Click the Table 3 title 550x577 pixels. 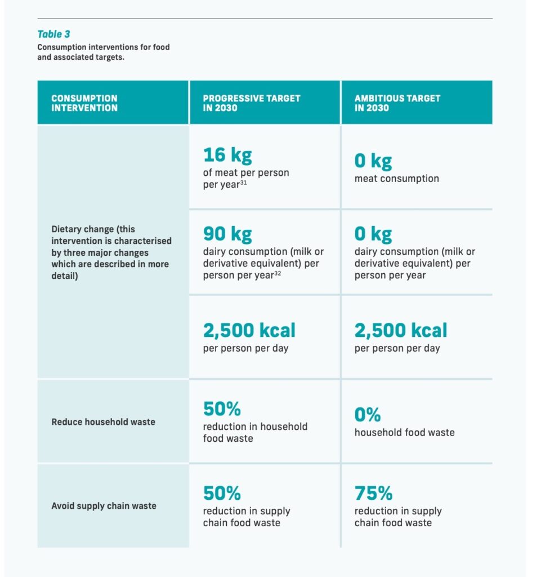[x=53, y=35]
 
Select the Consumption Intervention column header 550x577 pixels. [x=84, y=103]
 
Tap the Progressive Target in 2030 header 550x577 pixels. [x=251, y=103]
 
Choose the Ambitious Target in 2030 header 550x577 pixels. [x=397, y=103]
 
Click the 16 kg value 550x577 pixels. [x=227, y=155]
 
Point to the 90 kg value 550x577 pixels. [x=227, y=234]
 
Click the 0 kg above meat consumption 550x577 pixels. [x=373, y=161]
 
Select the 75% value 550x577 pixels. [x=373, y=494]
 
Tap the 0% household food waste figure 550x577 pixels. [x=367, y=415]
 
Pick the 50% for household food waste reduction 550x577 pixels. [x=222, y=409]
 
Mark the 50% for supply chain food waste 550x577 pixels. [x=222, y=494]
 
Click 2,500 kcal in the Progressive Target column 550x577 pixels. [x=249, y=330]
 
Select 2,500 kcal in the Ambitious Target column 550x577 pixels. [x=400, y=330]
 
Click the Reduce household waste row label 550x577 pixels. [x=103, y=421]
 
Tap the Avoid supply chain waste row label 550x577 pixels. [x=104, y=505]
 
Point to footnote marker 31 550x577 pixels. [x=244, y=182]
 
